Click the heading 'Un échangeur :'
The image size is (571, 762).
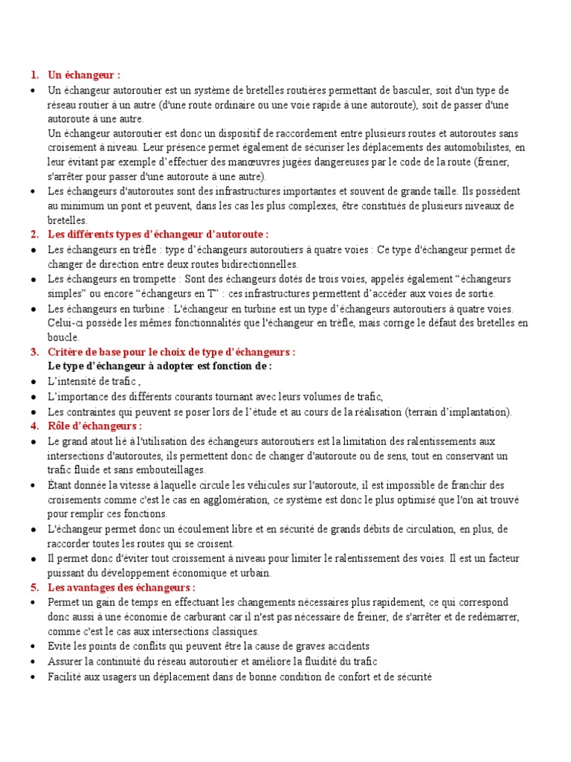coord(84,75)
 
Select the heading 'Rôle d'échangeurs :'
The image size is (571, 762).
coord(94,426)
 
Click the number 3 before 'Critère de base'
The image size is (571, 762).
coord(34,352)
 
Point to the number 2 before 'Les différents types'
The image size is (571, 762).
coord(34,234)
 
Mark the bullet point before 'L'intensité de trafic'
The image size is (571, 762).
coord(34,382)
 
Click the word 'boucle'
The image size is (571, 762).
coord(63,337)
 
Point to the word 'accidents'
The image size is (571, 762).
coord(344,647)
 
